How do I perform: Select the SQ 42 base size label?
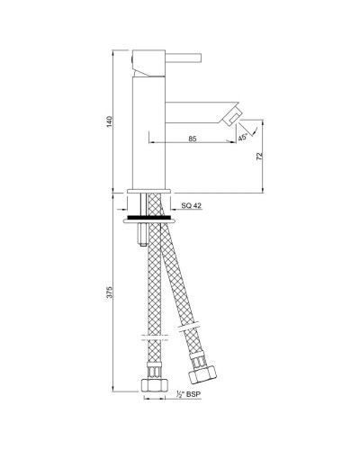pyautogui.click(x=191, y=207)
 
